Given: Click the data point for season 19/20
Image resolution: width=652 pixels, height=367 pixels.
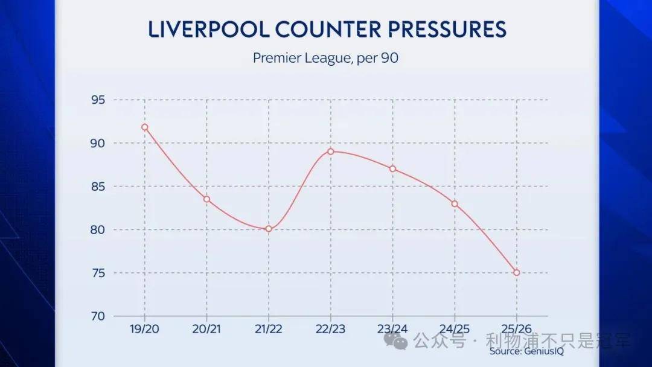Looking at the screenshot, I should point(145,127).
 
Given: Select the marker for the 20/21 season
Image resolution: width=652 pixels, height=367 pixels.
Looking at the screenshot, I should point(207,199).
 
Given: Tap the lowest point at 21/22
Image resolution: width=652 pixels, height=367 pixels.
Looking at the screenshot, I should point(269,229).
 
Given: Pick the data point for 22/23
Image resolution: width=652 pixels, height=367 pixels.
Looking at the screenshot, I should point(331,152).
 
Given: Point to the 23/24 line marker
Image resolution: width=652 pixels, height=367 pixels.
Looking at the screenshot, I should point(392,169).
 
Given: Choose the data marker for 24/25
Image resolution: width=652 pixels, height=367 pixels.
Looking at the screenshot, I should point(455,204).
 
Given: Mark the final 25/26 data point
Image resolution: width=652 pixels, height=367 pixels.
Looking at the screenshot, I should point(516,273).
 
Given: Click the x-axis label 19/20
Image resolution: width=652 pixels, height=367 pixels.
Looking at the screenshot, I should point(145,330).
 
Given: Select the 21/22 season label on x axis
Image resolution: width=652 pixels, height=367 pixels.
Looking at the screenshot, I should point(269,330).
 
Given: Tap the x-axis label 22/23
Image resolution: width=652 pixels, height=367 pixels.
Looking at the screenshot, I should point(331,330).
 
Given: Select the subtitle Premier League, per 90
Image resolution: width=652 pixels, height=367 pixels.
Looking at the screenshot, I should point(326,59).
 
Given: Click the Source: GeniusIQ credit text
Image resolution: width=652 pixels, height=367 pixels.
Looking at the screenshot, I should point(526,351).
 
